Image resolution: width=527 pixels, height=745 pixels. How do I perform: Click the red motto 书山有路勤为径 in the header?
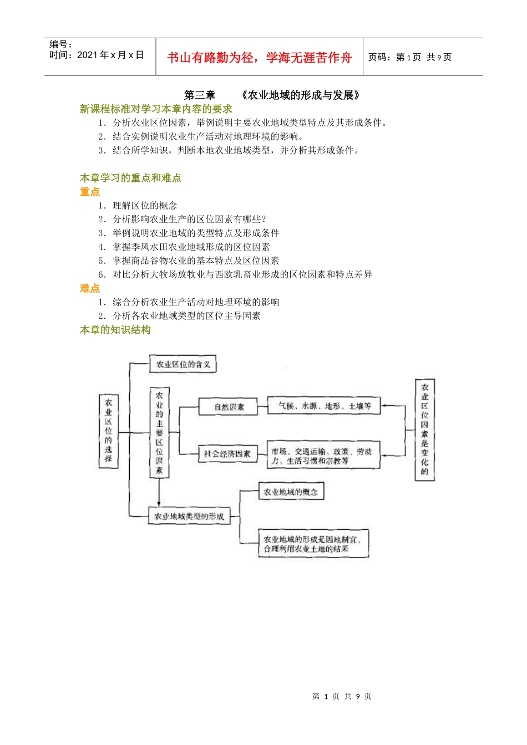coord(210,58)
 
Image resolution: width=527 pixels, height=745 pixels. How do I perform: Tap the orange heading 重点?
coord(90,192)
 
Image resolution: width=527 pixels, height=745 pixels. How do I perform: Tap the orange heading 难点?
coord(90,288)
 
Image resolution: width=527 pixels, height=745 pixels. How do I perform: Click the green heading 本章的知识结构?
coord(115,330)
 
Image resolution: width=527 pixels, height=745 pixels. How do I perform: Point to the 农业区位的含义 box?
coord(183,364)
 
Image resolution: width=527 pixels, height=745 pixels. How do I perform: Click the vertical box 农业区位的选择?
coord(108,431)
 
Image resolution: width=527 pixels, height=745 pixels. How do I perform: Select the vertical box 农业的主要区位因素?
coord(159,432)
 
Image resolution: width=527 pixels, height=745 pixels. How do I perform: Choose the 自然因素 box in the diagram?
coord(229,407)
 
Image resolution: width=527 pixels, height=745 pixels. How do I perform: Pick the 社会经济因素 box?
coord(227,453)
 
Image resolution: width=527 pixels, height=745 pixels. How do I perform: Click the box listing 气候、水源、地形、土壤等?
coord(324,406)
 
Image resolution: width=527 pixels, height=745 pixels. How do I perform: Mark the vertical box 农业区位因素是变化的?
coord(424,429)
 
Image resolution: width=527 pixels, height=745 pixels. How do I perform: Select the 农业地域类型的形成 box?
coord(189,516)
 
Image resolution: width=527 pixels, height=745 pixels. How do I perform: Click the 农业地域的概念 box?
coord(291,491)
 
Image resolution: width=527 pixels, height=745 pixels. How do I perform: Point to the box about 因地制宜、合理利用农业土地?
coord(313,543)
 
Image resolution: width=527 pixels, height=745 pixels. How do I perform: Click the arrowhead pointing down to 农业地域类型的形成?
coord(159,503)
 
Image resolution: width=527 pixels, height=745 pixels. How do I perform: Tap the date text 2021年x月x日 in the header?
coord(110,55)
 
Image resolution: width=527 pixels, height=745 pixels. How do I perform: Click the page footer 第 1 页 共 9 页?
coord(342,696)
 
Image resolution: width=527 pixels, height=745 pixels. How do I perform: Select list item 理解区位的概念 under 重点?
coord(145,206)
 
